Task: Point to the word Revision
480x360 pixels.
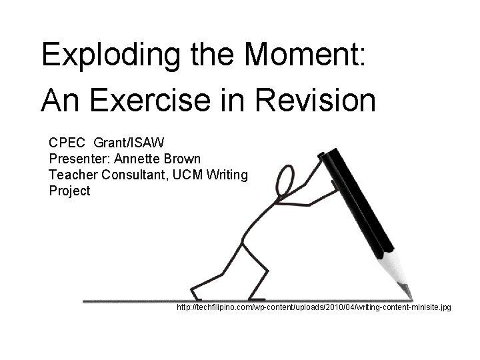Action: [x=320, y=101]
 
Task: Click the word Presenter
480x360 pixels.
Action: [x=78, y=159]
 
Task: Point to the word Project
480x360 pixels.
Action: [x=69, y=191]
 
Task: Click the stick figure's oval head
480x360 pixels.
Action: [x=285, y=179]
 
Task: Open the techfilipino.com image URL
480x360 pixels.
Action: [x=313, y=308]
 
